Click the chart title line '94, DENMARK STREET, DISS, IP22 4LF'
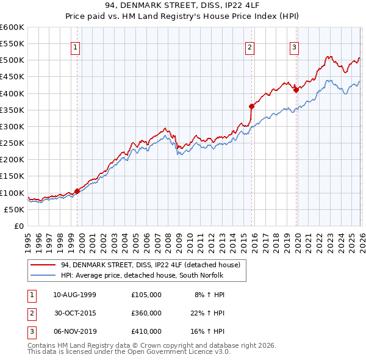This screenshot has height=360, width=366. click(183, 6)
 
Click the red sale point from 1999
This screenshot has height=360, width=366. click(77, 191)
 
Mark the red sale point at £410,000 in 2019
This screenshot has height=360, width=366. click(296, 90)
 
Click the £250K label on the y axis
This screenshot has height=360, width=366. click(12, 143)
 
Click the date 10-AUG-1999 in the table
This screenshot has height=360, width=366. click(75, 294)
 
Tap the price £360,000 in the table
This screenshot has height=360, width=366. click(146, 313)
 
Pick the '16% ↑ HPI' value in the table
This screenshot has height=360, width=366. click(209, 332)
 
